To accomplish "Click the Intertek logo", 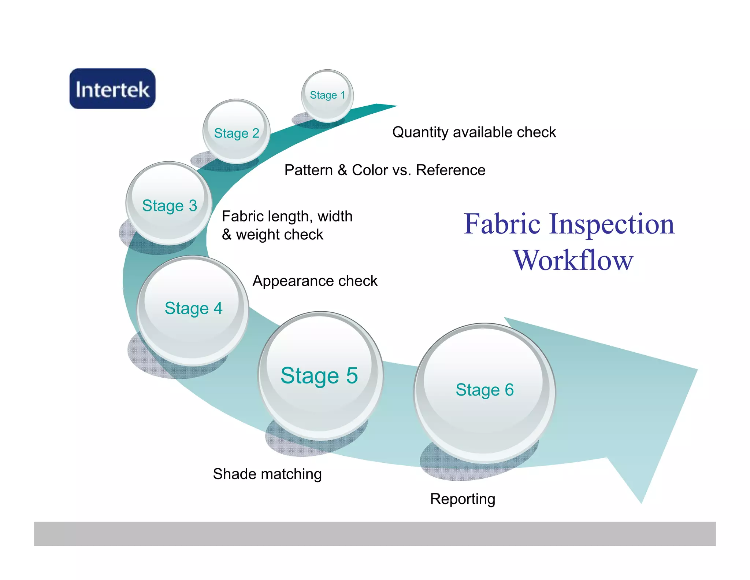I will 112,89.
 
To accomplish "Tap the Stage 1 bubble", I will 327,95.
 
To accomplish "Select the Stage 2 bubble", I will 237,132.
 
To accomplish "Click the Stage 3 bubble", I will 169,204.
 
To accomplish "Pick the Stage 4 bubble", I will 193,310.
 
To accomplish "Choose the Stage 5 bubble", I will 320,376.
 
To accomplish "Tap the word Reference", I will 451,170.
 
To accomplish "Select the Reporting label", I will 463,499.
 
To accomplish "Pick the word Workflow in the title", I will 573,260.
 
